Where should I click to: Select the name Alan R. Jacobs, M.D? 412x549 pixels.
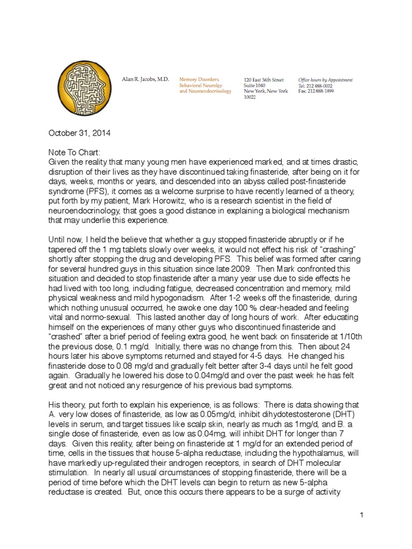[145, 79]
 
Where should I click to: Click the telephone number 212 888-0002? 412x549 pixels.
[325, 85]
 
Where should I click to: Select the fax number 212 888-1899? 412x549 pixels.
[325, 91]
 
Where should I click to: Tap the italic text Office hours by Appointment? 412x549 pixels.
[325, 79]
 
